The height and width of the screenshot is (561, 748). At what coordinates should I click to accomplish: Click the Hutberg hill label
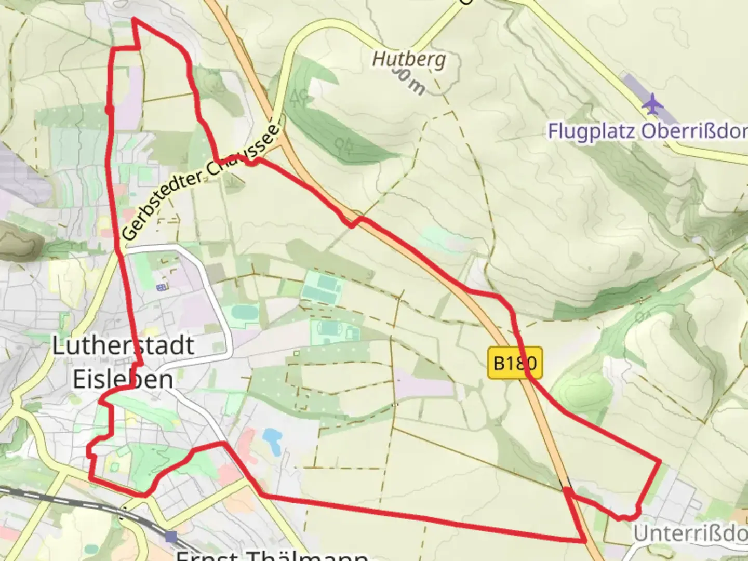coord(409,59)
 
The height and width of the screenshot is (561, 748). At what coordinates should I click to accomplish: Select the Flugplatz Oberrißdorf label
coord(647,131)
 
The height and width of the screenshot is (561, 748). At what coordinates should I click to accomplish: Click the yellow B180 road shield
coord(515,363)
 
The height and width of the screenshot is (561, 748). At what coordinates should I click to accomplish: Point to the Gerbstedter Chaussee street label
coord(203,179)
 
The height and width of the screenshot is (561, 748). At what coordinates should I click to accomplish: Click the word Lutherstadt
coord(123,345)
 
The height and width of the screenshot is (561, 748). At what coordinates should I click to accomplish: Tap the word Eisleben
coord(123,379)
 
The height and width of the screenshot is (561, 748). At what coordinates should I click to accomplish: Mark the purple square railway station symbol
coord(171,537)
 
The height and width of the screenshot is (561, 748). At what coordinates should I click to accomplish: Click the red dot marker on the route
coord(110,109)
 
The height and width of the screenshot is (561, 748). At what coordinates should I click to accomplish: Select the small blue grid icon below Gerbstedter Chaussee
coord(162,287)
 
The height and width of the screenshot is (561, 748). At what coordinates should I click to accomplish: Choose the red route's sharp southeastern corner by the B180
coord(585,541)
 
